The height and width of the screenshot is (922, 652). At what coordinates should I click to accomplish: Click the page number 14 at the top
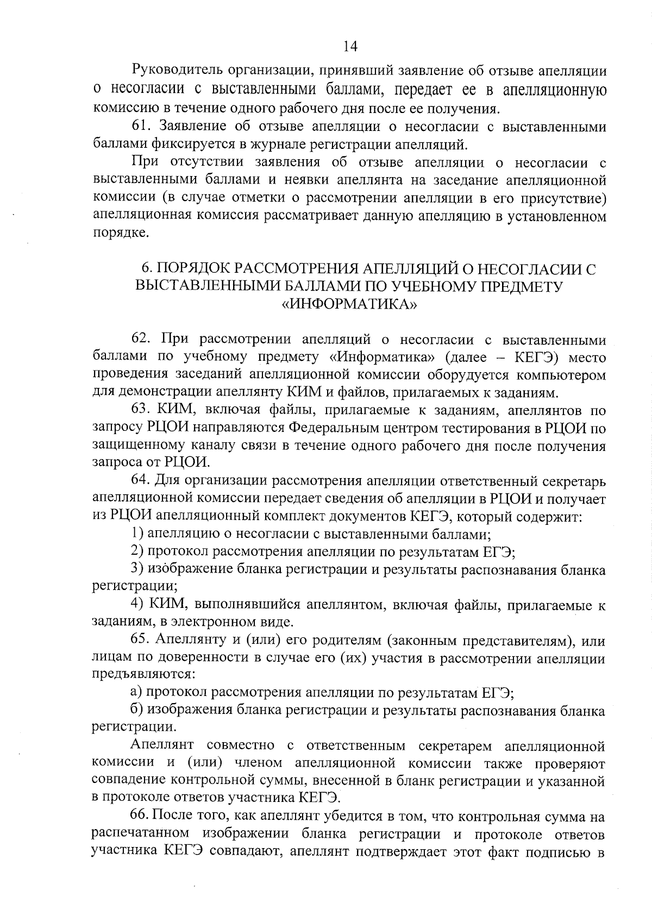(350, 46)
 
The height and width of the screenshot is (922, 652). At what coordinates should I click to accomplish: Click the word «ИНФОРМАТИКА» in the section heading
(350, 304)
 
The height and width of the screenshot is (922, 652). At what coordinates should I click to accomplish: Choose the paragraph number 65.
(141, 641)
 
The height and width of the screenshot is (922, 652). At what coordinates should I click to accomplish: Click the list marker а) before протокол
(137, 693)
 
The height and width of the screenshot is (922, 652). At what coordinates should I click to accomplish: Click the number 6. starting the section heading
(146, 269)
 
